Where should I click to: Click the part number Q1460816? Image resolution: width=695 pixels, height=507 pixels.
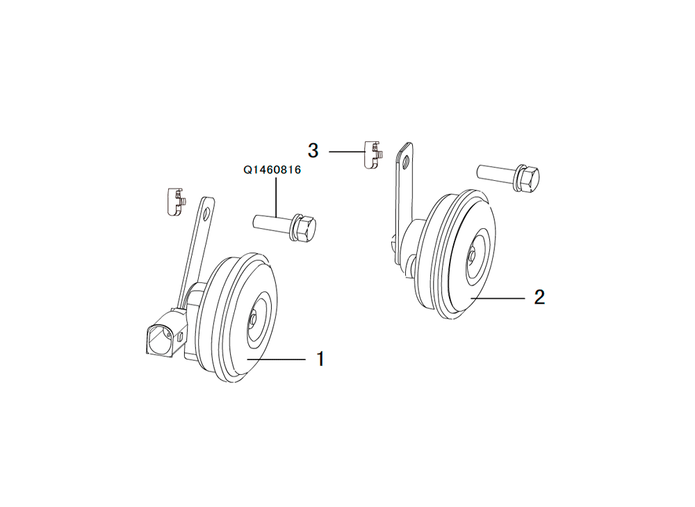(x=272, y=170)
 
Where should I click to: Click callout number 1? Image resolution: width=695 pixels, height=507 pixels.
(x=320, y=359)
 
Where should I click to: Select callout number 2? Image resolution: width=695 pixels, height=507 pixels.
(x=539, y=297)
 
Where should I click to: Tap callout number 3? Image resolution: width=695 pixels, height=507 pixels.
(x=313, y=151)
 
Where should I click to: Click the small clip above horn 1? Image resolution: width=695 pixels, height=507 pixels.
(x=177, y=202)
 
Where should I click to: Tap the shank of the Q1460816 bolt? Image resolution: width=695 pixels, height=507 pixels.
(x=271, y=222)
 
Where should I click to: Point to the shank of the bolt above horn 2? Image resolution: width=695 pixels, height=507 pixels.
(x=496, y=172)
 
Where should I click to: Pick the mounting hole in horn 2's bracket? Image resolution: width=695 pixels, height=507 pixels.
(x=406, y=161)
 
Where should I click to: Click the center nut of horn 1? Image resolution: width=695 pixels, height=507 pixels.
(x=252, y=319)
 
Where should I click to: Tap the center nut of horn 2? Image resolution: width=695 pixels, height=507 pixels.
(x=472, y=256)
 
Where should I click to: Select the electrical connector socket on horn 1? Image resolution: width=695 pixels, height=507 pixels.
(x=163, y=335)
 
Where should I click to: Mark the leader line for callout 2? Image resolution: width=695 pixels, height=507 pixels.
(x=498, y=298)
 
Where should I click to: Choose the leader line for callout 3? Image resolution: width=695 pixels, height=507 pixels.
(x=347, y=152)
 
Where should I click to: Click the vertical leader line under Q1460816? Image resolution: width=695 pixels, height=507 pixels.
(x=276, y=197)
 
